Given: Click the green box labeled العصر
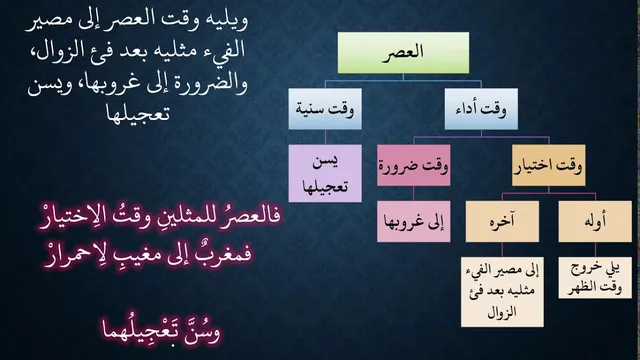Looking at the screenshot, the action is tap(403, 53).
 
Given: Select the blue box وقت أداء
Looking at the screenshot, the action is tap(481, 109).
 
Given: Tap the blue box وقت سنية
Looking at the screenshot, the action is tap(325, 109).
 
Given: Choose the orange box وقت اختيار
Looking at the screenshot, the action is tap(549, 165).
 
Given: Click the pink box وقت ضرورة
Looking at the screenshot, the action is tap(413, 165).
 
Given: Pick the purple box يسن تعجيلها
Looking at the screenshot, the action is tap(325, 173).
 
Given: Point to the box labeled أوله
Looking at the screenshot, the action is tap(595, 221).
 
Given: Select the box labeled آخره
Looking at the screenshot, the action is tap(502, 221).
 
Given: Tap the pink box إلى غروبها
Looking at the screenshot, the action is tap(413, 221).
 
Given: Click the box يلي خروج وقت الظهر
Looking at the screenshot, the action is tap(595, 278).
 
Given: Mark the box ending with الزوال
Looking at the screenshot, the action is tap(502, 292).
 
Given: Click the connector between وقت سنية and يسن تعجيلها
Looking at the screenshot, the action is tap(325, 137).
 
